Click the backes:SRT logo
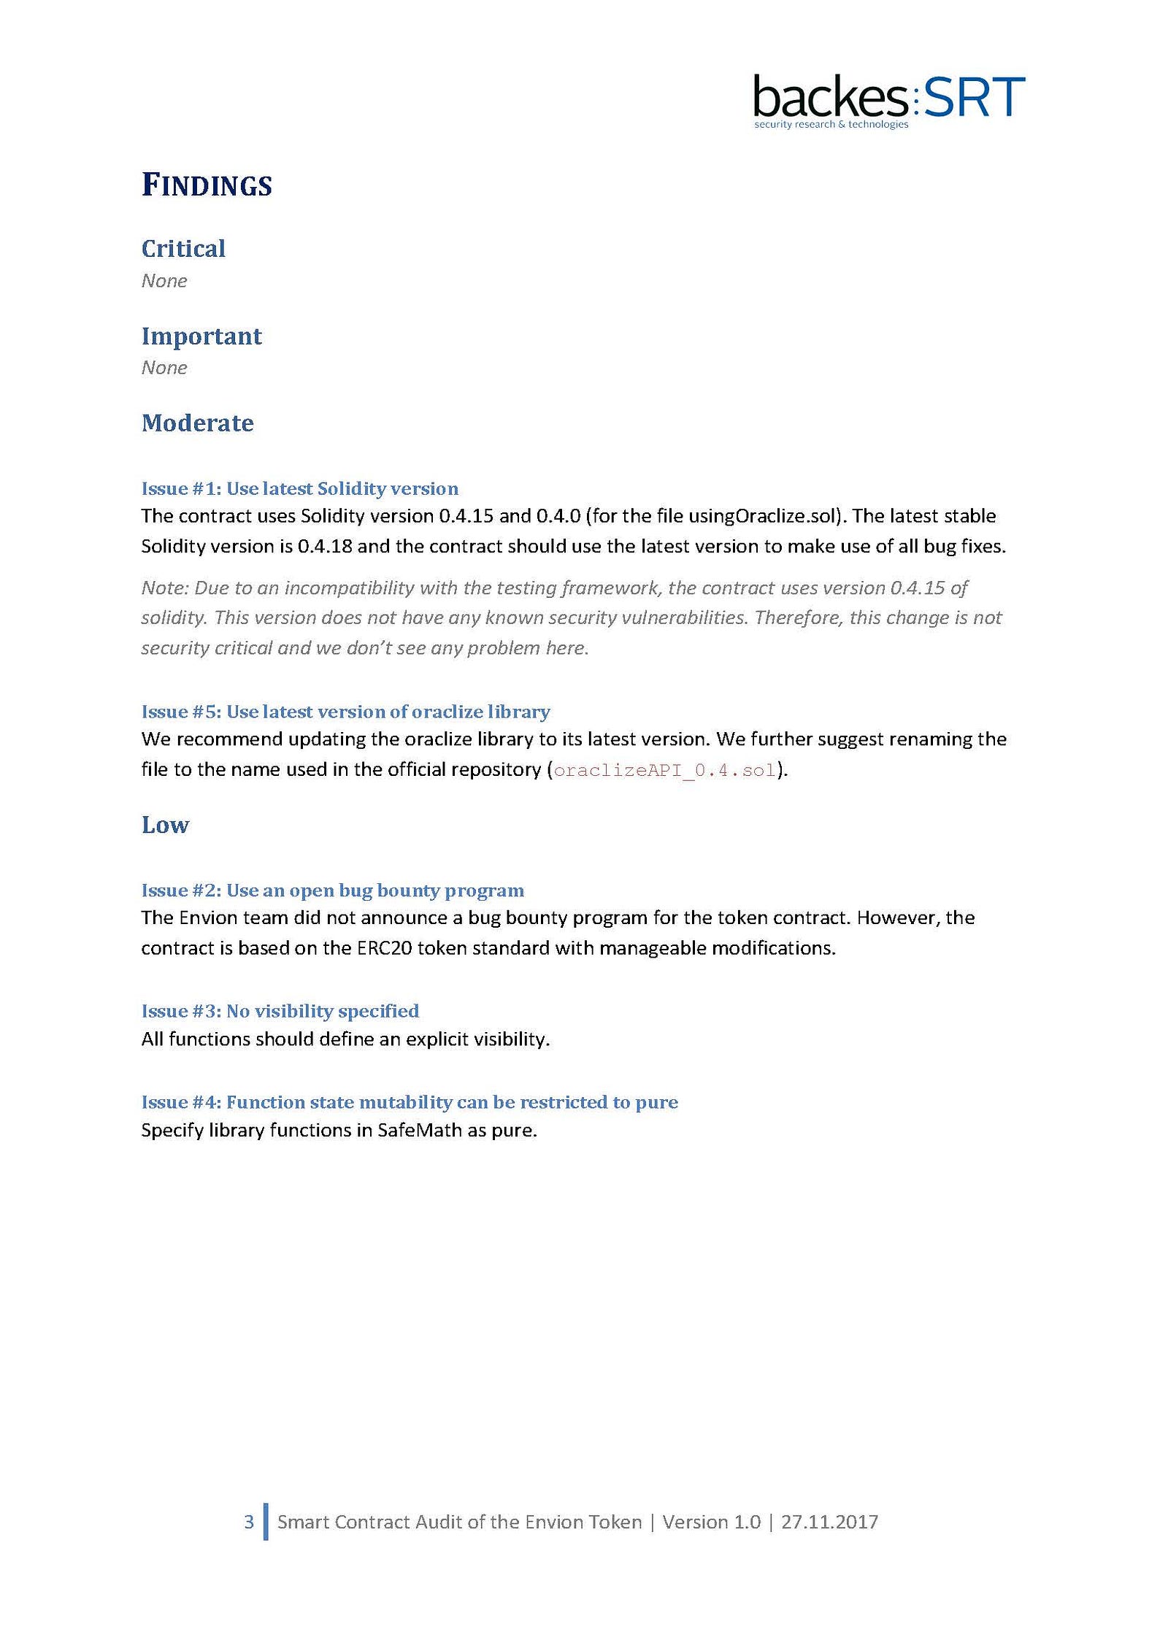pos(888,98)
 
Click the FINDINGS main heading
pos(207,185)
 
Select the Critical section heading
pos(183,249)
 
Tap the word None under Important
pos(164,368)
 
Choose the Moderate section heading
pos(197,423)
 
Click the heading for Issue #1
pos(299,488)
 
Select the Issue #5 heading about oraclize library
pos(345,712)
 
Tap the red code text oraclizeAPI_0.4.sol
pos(664,770)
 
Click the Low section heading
pos(165,825)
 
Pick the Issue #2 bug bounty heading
pos(332,890)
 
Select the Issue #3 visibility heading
pos(280,1011)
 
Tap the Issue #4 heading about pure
pos(409,1102)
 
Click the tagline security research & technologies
pos(831,125)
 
